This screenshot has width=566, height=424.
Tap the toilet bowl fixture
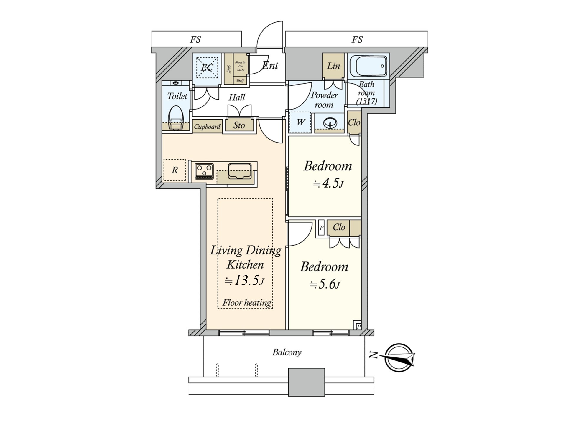click(x=176, y=119)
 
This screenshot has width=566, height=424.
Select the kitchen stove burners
click(x=204, y=171)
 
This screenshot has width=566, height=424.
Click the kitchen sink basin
click(x=239, y=171)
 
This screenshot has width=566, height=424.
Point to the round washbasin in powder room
click(x=330, y=123)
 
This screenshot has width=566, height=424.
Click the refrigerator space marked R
click(x=175, y=170)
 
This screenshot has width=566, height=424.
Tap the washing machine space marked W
click(x=300, y=122)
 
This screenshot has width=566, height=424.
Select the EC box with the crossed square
click(x=207, y=67)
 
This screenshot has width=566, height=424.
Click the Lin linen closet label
click(x=333, y=66)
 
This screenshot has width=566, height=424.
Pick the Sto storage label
click(x=239, y=125)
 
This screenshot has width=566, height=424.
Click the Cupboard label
click(x=207, y=127)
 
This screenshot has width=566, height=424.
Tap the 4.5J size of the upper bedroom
click(x=328, y=184)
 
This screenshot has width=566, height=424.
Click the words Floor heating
click(x=247, y=303)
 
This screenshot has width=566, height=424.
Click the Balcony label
click(x=287, y=352)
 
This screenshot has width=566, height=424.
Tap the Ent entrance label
click(x=270, y=65)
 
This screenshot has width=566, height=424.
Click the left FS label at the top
click(x=195, y=39)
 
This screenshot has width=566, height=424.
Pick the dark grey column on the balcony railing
click(x=306, y=382)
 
